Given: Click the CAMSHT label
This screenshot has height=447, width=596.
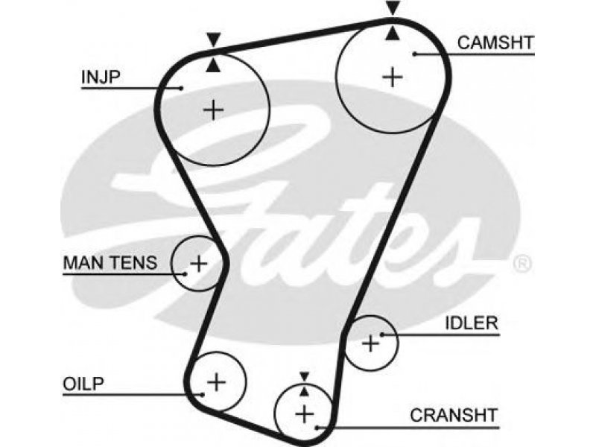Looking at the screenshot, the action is point(495,42).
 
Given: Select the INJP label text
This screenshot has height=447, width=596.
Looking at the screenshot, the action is point(101,77).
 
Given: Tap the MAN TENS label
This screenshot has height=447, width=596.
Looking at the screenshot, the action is point(110,263).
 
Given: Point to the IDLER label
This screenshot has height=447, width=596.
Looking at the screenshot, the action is point(472,323).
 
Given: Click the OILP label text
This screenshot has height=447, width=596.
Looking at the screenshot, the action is point(83,384).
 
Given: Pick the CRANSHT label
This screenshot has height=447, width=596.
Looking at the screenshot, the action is point(454,416).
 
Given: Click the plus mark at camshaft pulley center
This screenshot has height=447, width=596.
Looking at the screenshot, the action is point(393,77).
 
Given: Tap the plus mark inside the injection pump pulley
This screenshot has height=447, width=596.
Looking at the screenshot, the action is point(214,110).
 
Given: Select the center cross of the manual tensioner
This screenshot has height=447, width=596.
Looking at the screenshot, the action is point(199,264).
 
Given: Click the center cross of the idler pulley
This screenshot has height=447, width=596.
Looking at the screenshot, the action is point(370,343).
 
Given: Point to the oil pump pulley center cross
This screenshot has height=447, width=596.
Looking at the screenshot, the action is point(217,382).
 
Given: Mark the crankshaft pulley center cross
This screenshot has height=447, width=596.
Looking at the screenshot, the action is point(305,414).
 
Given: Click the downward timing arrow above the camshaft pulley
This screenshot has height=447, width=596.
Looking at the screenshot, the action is point(393,7).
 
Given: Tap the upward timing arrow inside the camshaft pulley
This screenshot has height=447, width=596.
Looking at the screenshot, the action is point(393,33).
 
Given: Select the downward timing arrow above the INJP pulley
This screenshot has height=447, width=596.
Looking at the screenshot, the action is point(214,40).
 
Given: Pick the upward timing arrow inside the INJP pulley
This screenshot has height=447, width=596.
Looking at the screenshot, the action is point(214,65).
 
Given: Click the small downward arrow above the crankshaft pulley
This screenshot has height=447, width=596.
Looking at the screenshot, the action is point(304,376).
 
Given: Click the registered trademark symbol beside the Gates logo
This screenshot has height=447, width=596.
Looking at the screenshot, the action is point(522,264).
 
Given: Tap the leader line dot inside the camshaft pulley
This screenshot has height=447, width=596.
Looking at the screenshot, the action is point(415,54).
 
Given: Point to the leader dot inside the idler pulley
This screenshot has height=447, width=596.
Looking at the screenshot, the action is point(382,335).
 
